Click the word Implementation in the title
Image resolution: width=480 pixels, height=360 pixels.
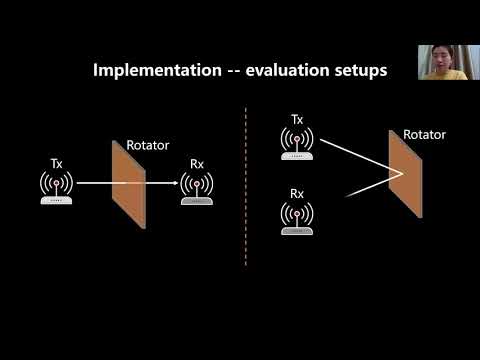pyautogui.click(x=151, y=71)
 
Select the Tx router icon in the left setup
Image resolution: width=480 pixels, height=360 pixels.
pyautogui.click(x=56, y=187)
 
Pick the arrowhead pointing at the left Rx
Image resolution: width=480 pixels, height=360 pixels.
pyautogui.click(x=176, y=183)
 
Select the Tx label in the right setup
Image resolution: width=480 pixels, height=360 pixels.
pyautogui.click(x=296, y=120)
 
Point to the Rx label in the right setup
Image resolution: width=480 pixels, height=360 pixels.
pyautogui.click(x=296, y=193)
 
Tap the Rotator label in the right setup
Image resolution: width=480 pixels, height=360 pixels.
pyautogui.click(x=423, y=134)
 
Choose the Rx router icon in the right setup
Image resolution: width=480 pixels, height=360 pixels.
pyautogui.click(x=296, y=218)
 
